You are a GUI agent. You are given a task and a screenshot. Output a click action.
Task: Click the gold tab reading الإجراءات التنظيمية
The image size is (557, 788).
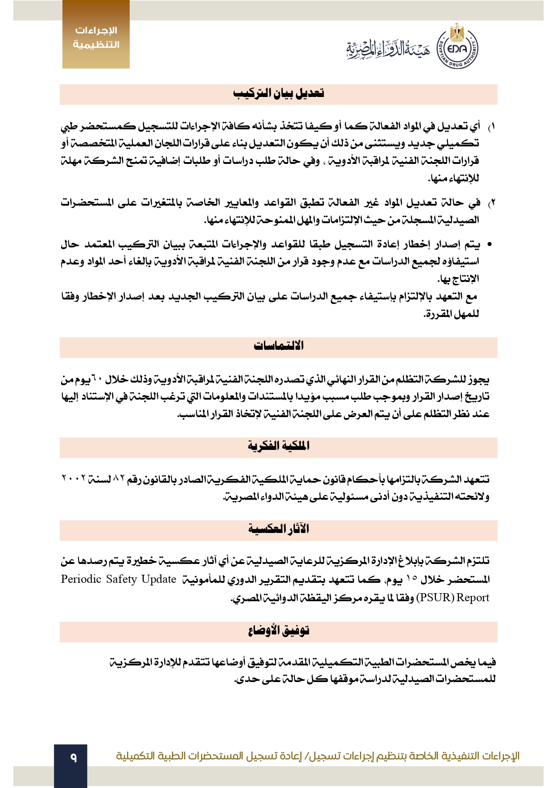(96, 37)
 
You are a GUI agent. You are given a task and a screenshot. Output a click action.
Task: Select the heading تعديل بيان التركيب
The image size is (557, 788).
(278, 94)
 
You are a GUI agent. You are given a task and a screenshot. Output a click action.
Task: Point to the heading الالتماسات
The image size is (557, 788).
(278, 346)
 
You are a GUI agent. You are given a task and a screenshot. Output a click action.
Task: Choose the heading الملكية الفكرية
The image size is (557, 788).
(278, 446)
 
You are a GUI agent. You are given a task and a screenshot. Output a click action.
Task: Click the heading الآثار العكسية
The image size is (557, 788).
(278, 529)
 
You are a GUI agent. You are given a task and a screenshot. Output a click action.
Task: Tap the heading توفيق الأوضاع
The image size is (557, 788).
(278, 631)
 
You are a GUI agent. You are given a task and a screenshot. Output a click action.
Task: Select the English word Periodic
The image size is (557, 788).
(81, 579)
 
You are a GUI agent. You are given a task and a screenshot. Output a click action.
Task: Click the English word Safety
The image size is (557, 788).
(121, 579)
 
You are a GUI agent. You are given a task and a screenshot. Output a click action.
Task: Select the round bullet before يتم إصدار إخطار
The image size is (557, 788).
(490, 245)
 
